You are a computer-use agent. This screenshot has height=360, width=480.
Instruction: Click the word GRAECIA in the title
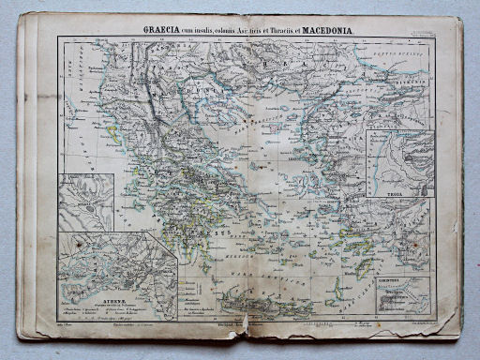pos(162,30)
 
